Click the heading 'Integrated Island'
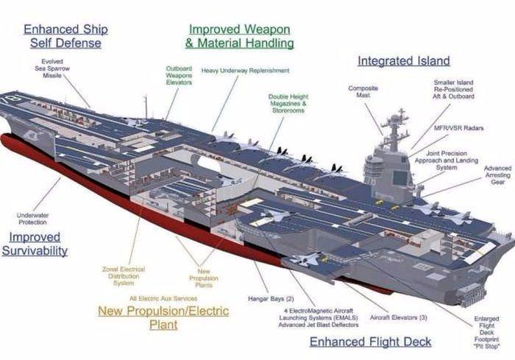[x=403, y=60]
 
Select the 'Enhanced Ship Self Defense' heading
[x=65, y=36]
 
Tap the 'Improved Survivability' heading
[x=38, y=244]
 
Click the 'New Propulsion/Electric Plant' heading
[x=163, y=317]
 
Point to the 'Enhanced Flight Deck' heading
[x=370, y=342]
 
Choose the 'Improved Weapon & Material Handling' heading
[x=239, y=36]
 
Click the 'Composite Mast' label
[x=363, y=91]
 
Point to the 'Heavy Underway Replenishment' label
[x=235, y=71]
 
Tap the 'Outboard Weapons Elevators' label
[x=179, y=75]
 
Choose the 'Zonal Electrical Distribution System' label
[x=124, y=276]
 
